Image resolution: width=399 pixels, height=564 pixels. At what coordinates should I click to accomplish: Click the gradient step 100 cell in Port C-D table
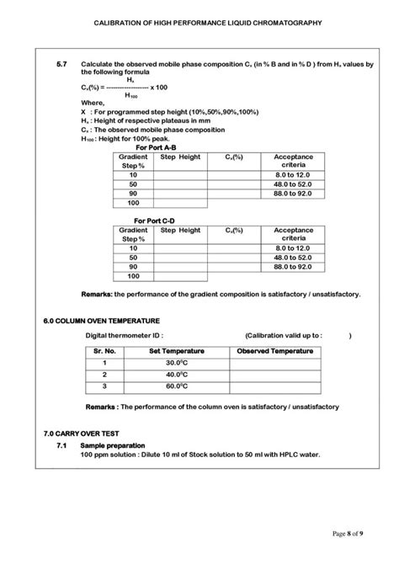pyautogui.click(x=133, y=276)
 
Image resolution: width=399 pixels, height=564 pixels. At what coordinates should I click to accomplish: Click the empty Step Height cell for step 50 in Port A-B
pyautogui.click(x=179, y=185)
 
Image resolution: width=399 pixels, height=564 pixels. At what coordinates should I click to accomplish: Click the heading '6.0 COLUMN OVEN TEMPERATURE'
pyautogui.click(x=101, y=321)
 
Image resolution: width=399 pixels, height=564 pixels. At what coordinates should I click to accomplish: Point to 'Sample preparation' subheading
pyautogui.click(x=112, y=445)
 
